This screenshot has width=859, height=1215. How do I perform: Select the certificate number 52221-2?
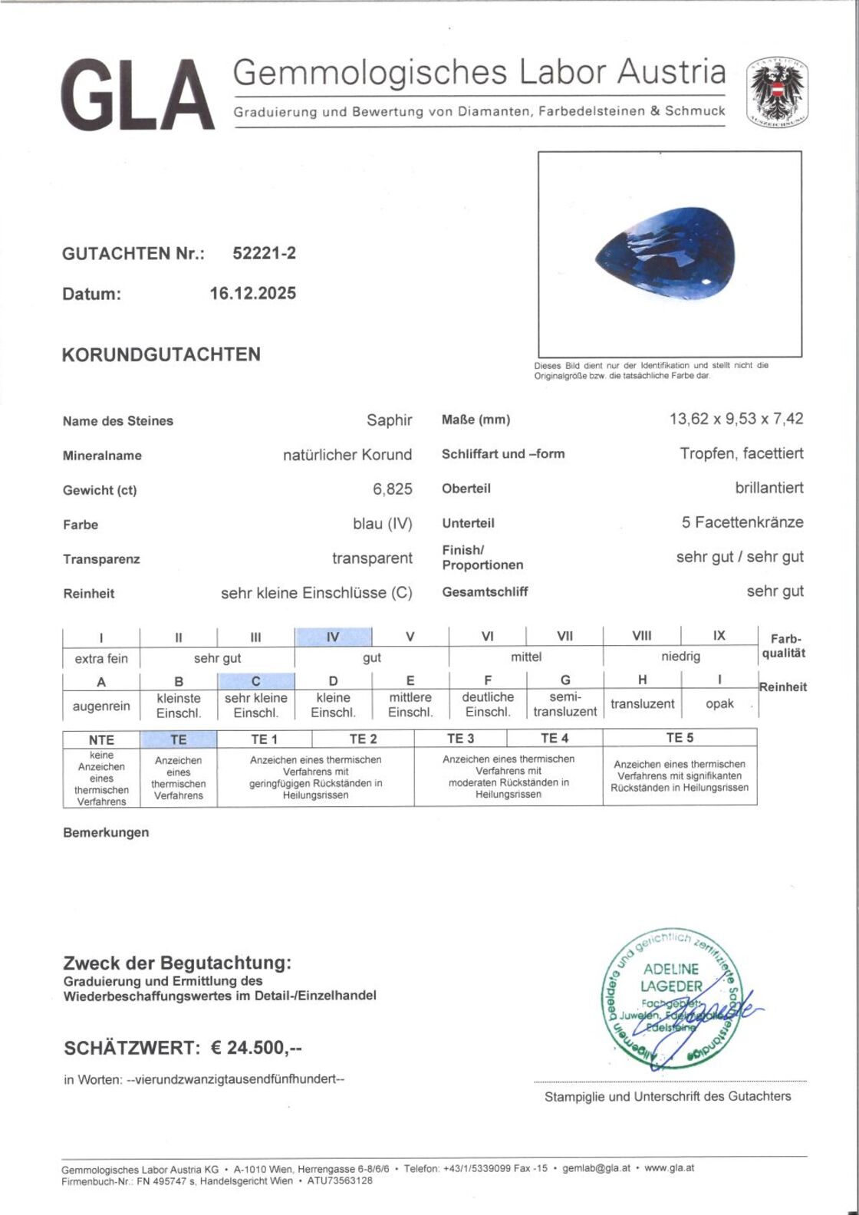click(264, 253)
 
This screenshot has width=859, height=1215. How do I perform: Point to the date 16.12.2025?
click(252, 293)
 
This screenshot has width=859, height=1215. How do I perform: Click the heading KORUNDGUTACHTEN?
click(161, 354)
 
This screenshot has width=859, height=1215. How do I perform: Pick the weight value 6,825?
click(392, 489)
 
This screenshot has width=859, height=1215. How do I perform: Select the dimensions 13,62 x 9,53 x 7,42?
click(736, 419)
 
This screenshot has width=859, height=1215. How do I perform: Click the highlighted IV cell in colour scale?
click(333, 637)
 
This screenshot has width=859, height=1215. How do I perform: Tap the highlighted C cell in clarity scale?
click(255, 681)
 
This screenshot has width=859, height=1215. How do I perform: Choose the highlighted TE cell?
click(178, 739)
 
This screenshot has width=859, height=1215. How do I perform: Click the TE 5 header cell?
click(679, 738)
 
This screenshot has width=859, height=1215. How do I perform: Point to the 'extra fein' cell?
click(101, 658)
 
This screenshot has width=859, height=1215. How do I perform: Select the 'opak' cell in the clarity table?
click(719, 703)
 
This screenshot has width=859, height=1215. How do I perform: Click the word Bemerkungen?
click(106, 832)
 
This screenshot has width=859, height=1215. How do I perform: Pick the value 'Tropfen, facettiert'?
click(741, 453)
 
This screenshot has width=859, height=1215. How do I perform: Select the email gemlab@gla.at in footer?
click(596, 1168)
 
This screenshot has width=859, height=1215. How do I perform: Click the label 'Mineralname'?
click(102, 456)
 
